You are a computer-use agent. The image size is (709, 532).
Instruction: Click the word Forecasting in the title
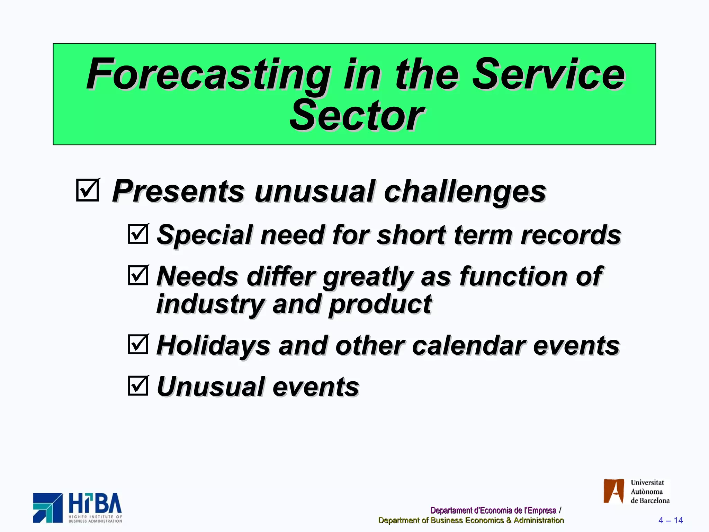click(x=208, y=74)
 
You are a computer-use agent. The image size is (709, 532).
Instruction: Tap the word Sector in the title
click(x=357, y=116)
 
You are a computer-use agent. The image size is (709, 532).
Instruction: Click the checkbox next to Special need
click(x=138, y=234)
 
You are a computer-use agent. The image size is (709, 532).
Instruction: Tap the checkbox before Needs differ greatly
click(x=138, y=275)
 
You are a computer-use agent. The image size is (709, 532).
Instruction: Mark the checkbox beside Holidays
click(x=138, y=344)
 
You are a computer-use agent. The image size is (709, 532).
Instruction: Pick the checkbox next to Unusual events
click(x=138, y=385)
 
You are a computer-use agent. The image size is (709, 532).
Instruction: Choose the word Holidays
click(x=213, y=346)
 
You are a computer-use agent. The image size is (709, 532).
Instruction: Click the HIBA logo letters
click(x=95, y=504)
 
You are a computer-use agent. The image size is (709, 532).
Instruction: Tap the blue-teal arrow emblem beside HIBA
click(x=48, y=508)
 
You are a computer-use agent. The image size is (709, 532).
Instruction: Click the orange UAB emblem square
click(x=613, y=491)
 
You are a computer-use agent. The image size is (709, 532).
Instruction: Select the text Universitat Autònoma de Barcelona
click(x=649, y=491)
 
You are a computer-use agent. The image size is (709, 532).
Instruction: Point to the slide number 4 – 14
click(x=670, y=520)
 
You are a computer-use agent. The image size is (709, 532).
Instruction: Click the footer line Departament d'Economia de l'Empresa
click(x=493, y=510)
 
